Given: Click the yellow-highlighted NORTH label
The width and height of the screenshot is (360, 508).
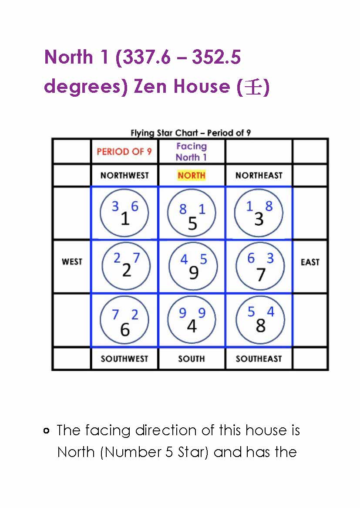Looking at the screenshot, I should [x=191, y=176].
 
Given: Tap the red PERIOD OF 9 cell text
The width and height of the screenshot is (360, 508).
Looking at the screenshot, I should [x=124, y=152].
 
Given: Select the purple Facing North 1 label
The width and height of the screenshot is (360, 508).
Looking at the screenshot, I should [x=191, y=152].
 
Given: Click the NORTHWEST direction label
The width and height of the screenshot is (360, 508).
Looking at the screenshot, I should [x=124, y=176].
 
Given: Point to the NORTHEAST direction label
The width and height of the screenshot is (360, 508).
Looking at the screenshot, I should [x=259, y=176].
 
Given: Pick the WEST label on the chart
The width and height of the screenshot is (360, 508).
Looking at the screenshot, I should [x=72, y=262].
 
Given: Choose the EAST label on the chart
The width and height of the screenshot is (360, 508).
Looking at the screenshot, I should [x=310, y=262].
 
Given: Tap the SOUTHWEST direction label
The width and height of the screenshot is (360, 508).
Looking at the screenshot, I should [x=124, y=359].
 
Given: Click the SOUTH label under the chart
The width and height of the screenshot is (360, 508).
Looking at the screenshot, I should [x=191, y=359].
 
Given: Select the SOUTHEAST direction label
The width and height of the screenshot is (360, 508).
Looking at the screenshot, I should [x=259, y=359].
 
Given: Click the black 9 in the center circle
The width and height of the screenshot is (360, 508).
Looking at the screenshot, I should [x=193, y=273].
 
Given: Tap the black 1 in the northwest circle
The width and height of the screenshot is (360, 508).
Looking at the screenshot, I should [x=125, y=219].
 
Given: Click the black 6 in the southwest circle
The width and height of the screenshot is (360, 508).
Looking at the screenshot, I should [x=124, y=330].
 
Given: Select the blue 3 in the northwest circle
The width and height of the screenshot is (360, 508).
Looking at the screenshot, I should [x=115, y=206].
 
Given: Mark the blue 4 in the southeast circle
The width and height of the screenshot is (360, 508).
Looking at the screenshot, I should [x=270, y=312].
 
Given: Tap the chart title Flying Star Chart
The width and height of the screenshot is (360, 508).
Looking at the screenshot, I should [x=191, y=133].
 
